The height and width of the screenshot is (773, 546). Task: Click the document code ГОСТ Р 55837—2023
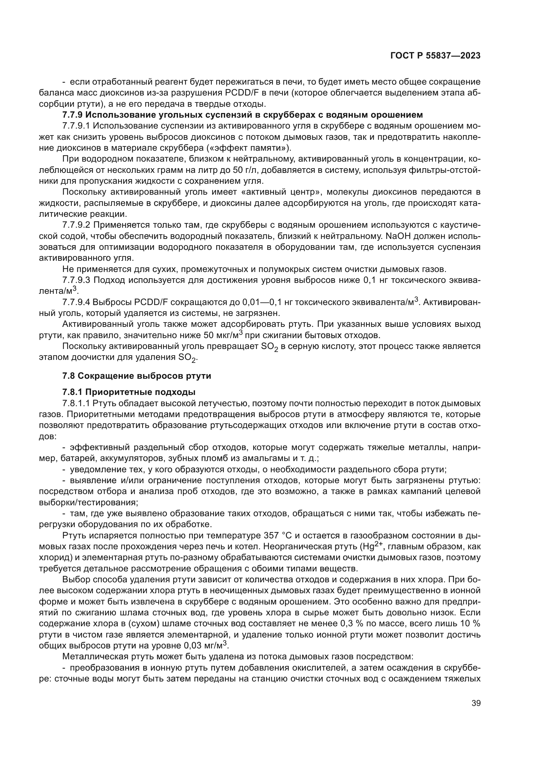tap(435, 56)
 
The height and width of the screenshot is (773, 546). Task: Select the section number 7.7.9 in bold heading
tap(72, 115)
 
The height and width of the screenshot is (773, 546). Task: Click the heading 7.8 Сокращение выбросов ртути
tap(137, 376)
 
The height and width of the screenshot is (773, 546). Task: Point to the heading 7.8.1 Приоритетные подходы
tap(129, 392)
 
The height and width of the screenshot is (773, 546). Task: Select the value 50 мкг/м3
tap(223, 335)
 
